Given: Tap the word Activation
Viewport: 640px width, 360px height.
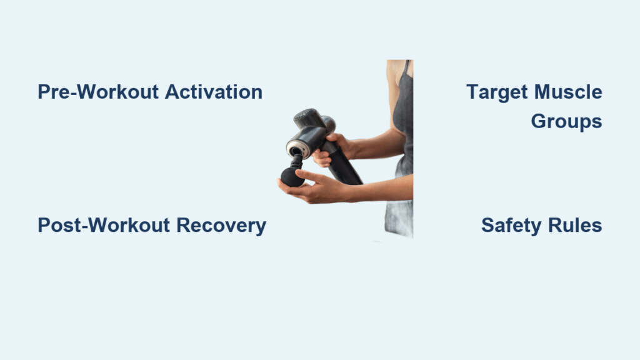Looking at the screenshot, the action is (214, 92).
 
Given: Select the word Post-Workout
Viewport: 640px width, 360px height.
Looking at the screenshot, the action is (104, 225).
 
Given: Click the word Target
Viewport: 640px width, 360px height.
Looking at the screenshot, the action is (497, 92).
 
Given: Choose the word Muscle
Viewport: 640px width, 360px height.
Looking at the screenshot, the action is (568, 92).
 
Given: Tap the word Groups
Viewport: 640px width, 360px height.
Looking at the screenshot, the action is (566, 122).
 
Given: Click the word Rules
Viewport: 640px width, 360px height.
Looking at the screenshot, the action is (575, 225).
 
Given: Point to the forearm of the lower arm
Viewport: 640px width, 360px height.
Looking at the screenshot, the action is (379, 188).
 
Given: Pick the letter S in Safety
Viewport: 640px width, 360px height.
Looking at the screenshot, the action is (488, 225).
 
